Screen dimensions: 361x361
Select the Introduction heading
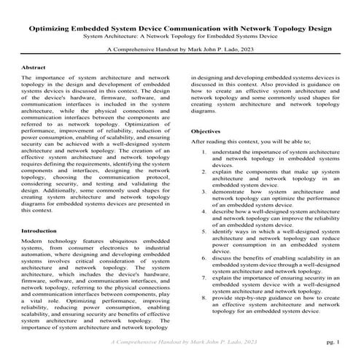pos(43,210)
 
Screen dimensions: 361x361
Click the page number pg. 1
pos(333,341)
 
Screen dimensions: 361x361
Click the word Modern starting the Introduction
pos(36,220)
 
